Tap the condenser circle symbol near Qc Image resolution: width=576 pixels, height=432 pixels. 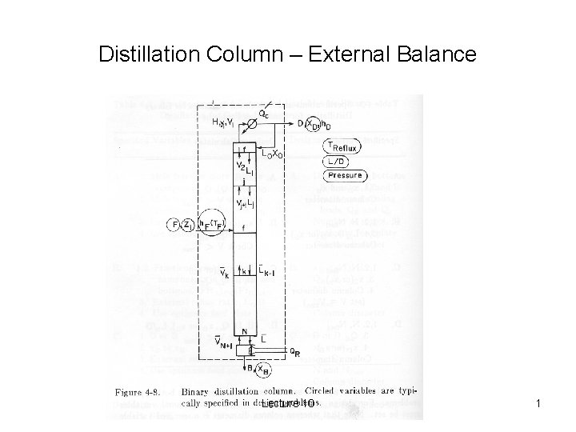(253, 115)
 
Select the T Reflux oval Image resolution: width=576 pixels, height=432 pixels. (343, 146)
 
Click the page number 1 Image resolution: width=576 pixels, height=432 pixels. (539, 406)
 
